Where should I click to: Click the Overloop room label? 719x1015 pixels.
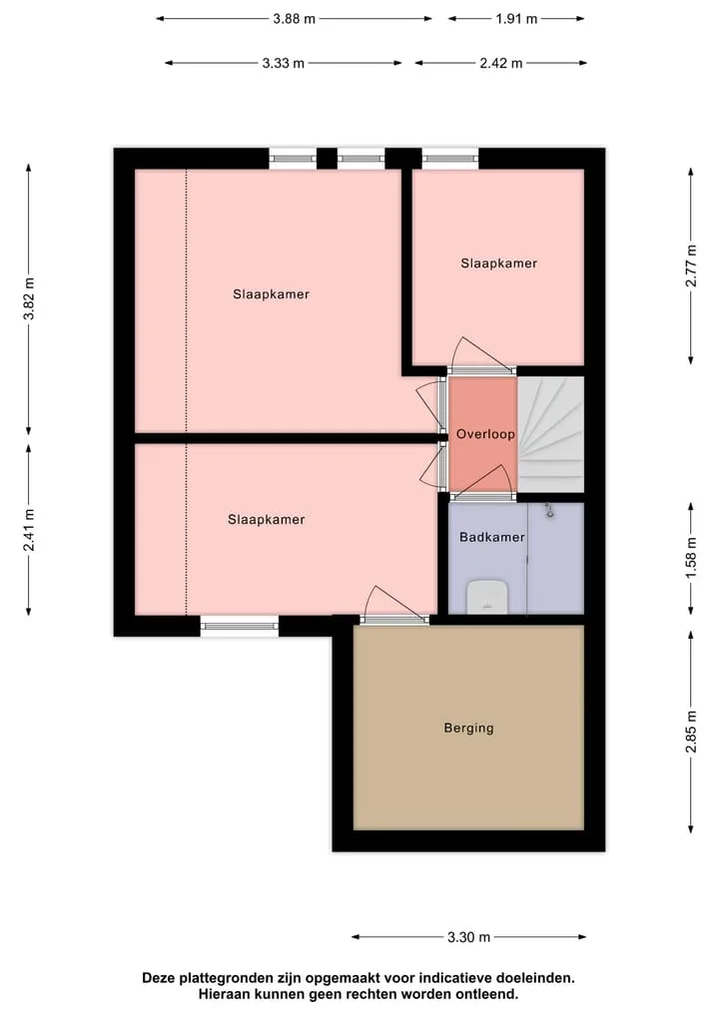[485, 434]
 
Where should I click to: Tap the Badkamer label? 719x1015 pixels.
[491, 537]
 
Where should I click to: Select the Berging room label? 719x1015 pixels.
[468, 729]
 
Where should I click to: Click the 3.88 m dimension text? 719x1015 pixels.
[294, 19]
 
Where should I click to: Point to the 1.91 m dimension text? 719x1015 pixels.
[516, 19]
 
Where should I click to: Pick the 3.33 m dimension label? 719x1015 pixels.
[283, 64]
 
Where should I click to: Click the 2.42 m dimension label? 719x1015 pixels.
[500, 64]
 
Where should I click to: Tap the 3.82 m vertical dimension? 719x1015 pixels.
[29, 298]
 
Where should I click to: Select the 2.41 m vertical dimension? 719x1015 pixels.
[29, 530]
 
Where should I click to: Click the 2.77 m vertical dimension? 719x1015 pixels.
[692, 265]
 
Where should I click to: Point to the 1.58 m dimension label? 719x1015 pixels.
[692, 559]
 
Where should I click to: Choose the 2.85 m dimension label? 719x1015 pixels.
[692, 733]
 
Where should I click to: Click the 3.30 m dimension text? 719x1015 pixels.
[468, 937]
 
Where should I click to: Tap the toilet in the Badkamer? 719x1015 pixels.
[487, 596]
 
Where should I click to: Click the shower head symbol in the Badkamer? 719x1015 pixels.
[549, 511]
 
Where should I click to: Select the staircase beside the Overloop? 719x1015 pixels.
[550, 434]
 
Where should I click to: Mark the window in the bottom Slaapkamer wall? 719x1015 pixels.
[239, 626]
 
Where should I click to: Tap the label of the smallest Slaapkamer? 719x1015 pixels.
[498, 263]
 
